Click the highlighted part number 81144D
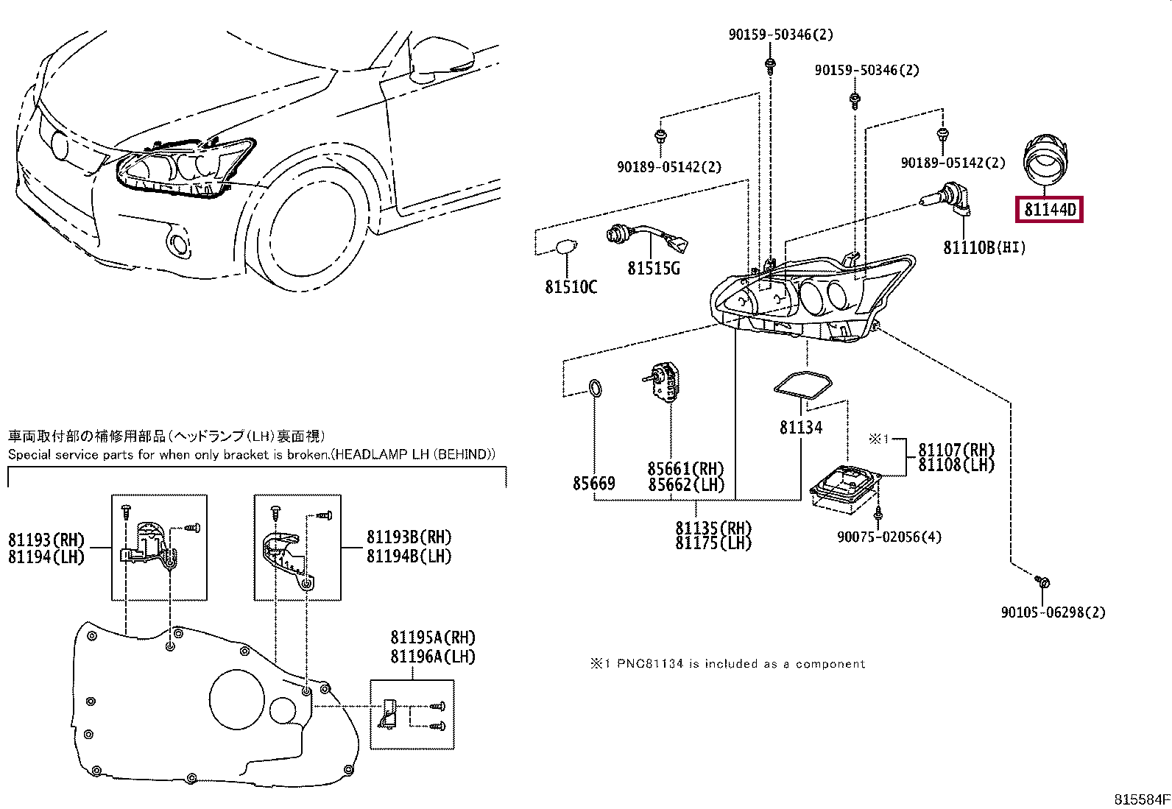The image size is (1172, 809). point(1049,209)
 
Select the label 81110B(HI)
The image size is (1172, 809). point(984,247)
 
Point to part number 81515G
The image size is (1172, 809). point(654,268)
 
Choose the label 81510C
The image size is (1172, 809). point(571,287)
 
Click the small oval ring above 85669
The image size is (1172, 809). point(596,388)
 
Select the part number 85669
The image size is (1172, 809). point(594,483)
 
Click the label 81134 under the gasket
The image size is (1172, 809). point(800,428)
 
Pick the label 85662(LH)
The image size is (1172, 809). point(686,484)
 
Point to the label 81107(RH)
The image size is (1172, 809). point(956,450)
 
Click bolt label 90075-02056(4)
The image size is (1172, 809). point(889,537)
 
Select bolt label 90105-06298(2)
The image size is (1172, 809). point(1053,612)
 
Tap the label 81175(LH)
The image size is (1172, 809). point(713,543)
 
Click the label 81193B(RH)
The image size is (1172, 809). point(409,537)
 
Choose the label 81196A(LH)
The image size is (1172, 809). point(433,656)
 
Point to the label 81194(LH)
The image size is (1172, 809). point(46,557)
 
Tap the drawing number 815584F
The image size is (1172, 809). point(1142,799)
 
